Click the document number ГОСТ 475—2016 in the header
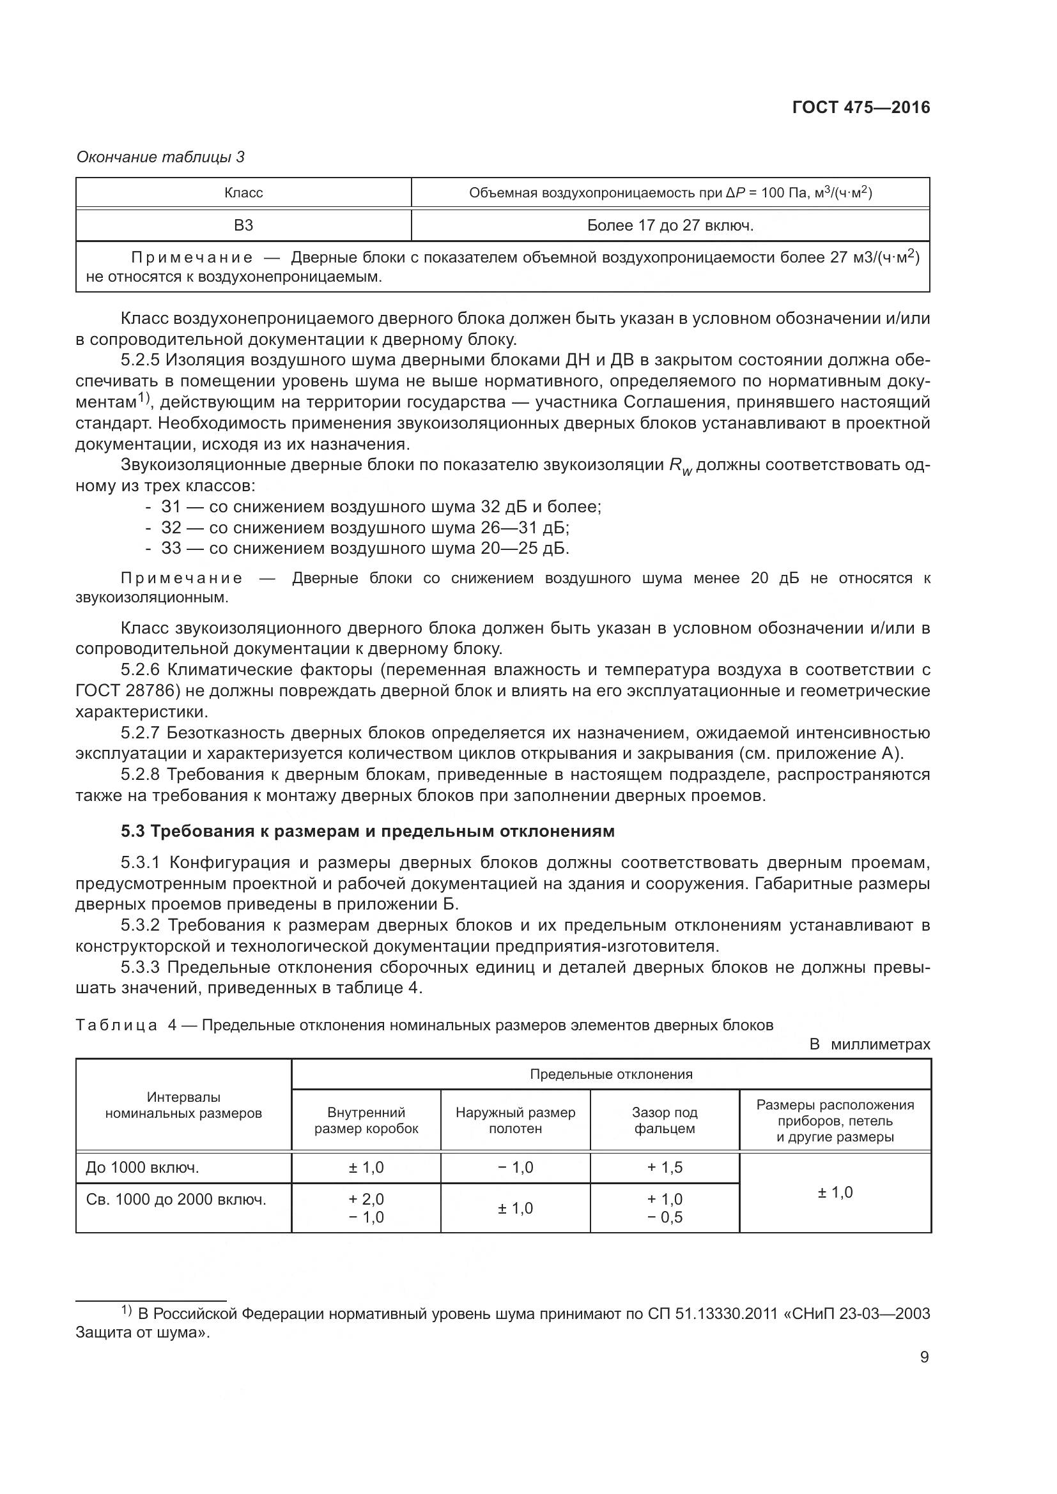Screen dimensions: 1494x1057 point(861,108)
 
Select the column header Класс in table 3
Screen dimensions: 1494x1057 point(243,193)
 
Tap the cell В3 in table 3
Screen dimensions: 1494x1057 point(243,225)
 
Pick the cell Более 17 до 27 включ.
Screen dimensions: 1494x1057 point(670,225)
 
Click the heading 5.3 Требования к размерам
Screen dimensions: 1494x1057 point(367,831)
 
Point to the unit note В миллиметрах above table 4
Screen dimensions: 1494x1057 point(870,1044)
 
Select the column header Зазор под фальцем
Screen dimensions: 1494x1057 point(665,1120)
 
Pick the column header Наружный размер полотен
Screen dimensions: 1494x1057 point(516,1120)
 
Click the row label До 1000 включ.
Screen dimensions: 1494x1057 point(143,1168)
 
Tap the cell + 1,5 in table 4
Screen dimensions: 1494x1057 point(665,1168)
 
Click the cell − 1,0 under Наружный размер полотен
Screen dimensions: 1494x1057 point(516,1168)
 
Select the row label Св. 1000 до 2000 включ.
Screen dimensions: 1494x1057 point(176,1200)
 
